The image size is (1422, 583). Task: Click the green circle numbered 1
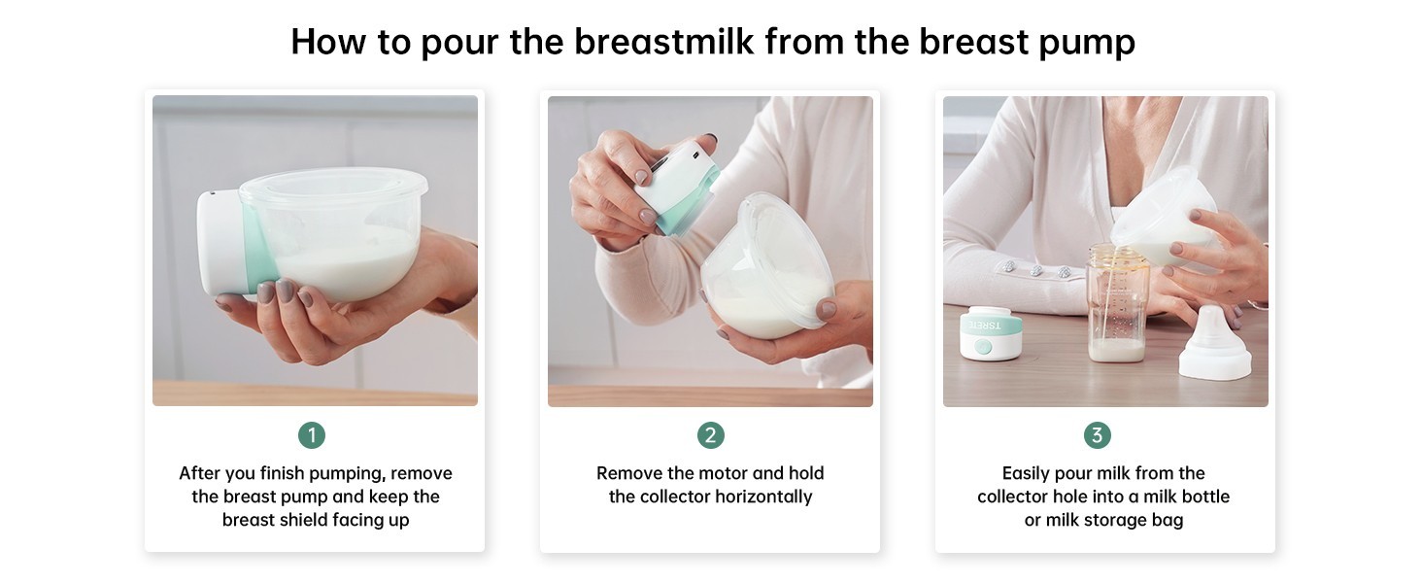click(312, 435)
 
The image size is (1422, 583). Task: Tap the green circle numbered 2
click(710, 435)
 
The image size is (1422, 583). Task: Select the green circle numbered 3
click(1097, 435)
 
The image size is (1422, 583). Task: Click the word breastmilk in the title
click(664, 42)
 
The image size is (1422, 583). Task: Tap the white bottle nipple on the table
click(1215, 344)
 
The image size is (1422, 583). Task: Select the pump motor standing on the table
click(991, 332)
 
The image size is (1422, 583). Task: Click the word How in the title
click(328, 42)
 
